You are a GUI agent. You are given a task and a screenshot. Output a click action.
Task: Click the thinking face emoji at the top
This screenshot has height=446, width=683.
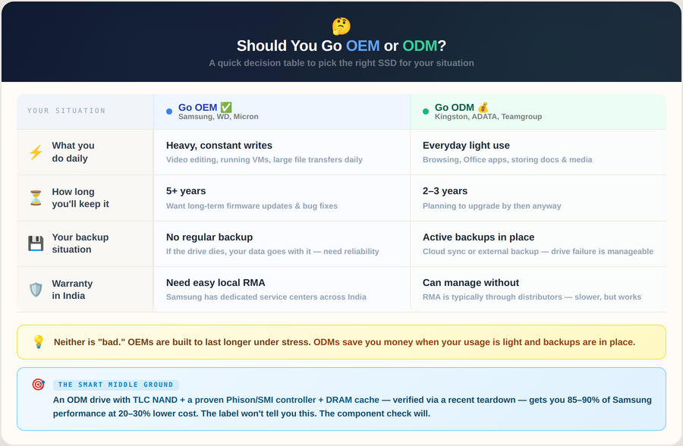coord(341,26)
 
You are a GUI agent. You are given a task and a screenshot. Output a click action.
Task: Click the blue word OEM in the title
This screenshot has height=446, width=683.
coord(363,46)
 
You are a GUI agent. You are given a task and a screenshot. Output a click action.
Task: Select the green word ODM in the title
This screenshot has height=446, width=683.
coord(420,46)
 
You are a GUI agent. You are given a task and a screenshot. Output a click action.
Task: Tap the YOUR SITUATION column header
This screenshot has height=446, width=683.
coord(67,111)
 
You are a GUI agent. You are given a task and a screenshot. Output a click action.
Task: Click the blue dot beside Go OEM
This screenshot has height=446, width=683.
coord(169,111)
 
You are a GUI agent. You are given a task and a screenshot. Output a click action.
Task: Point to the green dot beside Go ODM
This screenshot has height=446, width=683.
coord(426,111)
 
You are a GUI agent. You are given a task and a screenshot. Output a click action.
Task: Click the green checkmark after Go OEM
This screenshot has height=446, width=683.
coord(226,108)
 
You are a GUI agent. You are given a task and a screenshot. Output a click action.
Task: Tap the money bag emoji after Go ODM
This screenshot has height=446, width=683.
coord(483,108)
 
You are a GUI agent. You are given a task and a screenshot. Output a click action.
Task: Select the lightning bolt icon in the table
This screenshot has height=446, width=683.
coord(36,152)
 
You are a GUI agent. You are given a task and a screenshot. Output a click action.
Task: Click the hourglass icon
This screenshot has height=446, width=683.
coord(36,198)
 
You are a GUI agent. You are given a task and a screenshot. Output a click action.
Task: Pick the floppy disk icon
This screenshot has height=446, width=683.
coord(36,243)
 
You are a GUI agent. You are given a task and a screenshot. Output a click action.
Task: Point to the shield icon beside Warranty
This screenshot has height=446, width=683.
coord(36,290)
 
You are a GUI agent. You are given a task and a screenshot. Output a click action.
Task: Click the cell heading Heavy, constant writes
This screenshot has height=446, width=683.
coord(219,146)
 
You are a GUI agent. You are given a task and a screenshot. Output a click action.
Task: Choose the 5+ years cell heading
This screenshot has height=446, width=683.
coord(186,191)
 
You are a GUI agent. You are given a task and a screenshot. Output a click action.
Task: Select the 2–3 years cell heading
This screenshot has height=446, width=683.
coord(445,191)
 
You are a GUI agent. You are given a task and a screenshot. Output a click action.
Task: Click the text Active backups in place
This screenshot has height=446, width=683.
coord(478,237)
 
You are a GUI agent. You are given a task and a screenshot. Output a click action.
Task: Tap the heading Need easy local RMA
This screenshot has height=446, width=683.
coord(216,283)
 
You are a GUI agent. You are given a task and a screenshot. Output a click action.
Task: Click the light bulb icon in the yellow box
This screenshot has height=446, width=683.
coord(39,342)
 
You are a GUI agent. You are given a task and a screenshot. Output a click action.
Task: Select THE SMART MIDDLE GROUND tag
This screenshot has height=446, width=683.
coord(116,385)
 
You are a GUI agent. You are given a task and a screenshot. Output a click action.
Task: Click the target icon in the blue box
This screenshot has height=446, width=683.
coord(39,385)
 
